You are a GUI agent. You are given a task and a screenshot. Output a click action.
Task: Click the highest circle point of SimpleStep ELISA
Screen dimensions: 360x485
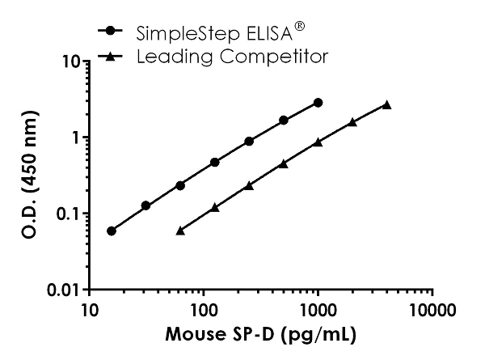(x=318, y=103)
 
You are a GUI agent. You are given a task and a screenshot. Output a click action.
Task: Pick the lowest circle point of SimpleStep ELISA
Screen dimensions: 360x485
(x=112, y=231)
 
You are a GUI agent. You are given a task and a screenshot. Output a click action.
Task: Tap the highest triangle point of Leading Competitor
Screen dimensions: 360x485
(x=387, y=104)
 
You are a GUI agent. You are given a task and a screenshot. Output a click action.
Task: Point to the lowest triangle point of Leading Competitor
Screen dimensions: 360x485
(x=180, y=231)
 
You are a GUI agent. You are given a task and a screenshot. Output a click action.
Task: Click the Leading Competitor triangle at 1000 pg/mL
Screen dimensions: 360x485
(x=318, y=142)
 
